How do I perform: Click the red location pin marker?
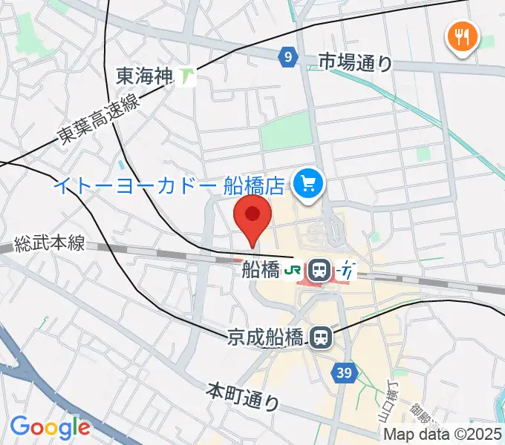252,217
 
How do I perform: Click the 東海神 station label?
145,75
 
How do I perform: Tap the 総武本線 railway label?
50,243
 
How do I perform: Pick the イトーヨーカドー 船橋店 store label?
169,183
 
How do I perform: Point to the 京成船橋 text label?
265,337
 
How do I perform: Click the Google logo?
50,428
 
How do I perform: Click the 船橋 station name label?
260,271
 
